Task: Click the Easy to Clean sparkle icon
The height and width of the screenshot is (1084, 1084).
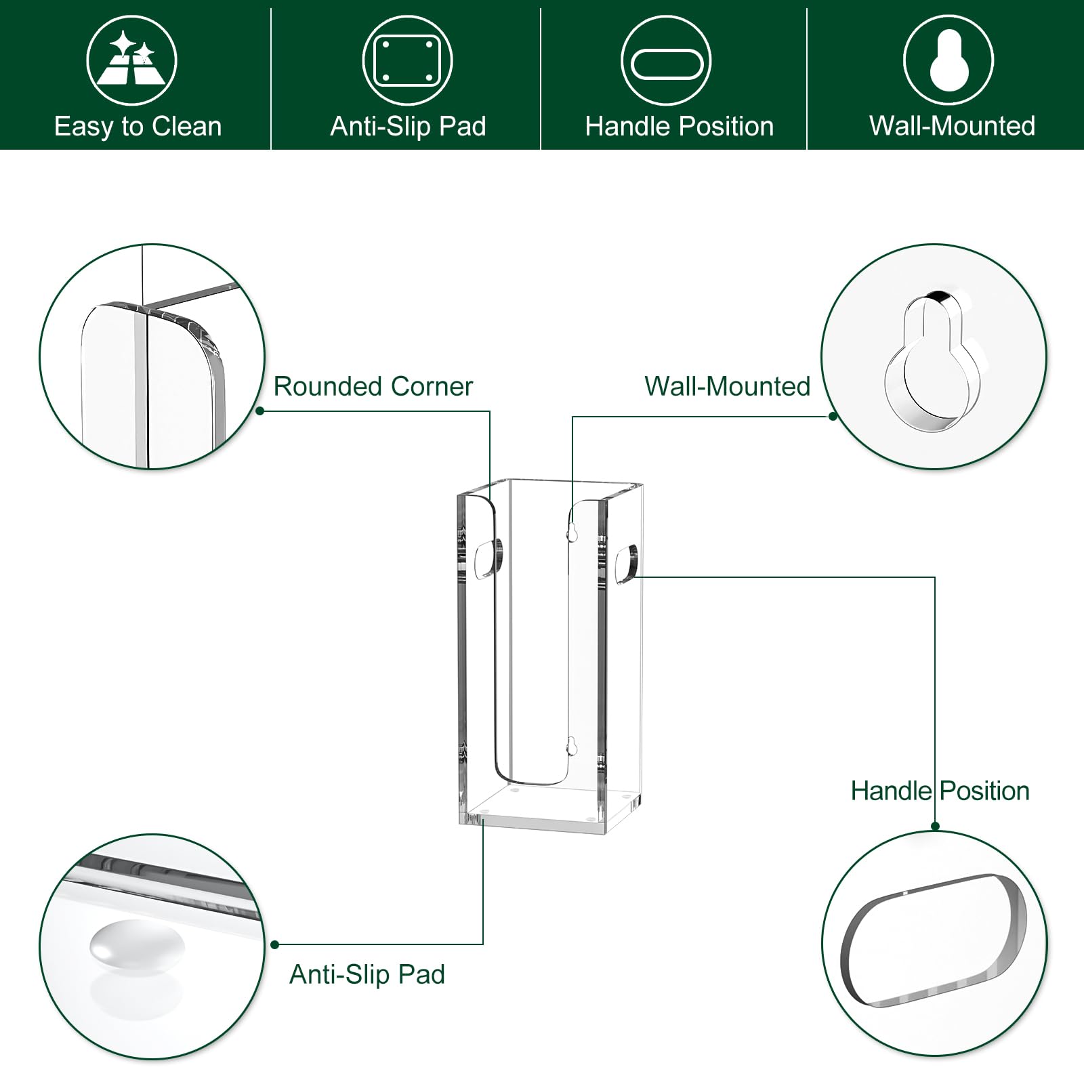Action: [131, 60]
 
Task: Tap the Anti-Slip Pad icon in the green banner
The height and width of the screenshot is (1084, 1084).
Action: [407, 60]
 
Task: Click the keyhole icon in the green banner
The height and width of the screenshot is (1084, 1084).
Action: [948, 60]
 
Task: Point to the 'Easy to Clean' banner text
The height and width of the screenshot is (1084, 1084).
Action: [138, 127]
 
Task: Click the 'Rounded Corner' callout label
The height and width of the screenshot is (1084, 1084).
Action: [373, 386]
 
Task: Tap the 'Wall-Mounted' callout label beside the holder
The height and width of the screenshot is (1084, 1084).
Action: [728, 386]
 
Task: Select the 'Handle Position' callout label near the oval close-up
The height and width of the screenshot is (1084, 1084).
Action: [940, 791]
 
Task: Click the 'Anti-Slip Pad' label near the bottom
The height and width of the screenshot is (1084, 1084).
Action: [367, 974]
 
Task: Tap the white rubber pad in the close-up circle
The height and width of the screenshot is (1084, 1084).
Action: [137, 944]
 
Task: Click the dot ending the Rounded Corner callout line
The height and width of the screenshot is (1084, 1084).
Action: [260, 411]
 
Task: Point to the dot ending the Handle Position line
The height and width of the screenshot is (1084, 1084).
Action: [935, 826]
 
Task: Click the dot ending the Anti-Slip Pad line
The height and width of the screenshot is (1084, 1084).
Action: [274, 944]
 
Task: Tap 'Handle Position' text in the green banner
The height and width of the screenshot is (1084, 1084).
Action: [680, 127]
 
